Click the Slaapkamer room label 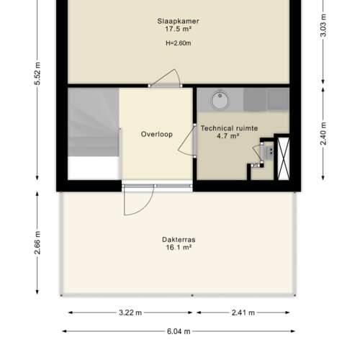[178, 21]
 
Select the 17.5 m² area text [178, 30]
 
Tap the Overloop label [156, 134]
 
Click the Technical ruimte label [229, 127]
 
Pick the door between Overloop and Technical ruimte [194, 140]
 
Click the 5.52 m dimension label [36, 73]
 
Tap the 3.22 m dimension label [130, 313]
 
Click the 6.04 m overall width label [179, 332]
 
